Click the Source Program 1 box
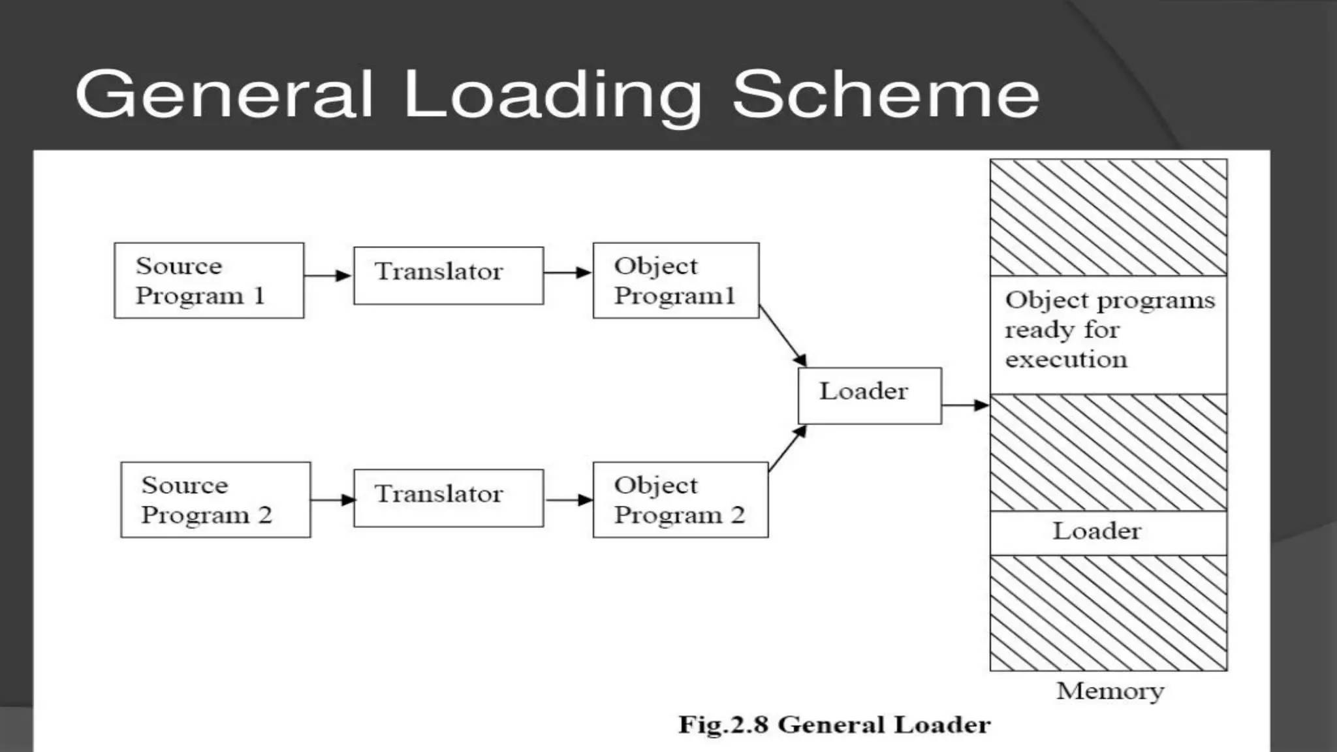click(x=209, y=281)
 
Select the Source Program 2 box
click(x=215, y=500)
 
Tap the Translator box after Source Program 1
click(x=448, y=275)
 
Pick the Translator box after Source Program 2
click(x=448, y=497)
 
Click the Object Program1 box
click(x=676, y=281)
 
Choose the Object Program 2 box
click(x=680, y=500)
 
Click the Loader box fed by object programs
click(x=870, y=396)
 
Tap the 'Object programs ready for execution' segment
click(x=1108, y=334)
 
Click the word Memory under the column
click(x=1110, y=691)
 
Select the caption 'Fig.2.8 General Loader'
click(x=834, y=725)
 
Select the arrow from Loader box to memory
click(x=965, y=405)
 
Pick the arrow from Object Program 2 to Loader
click(x=787, y=448)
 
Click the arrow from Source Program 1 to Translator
click(x=328, y=275)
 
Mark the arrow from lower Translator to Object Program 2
click(x=568, y=500)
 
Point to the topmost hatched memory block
click(x=1108, y=217)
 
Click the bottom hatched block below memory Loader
click(x=1108, y=613)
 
